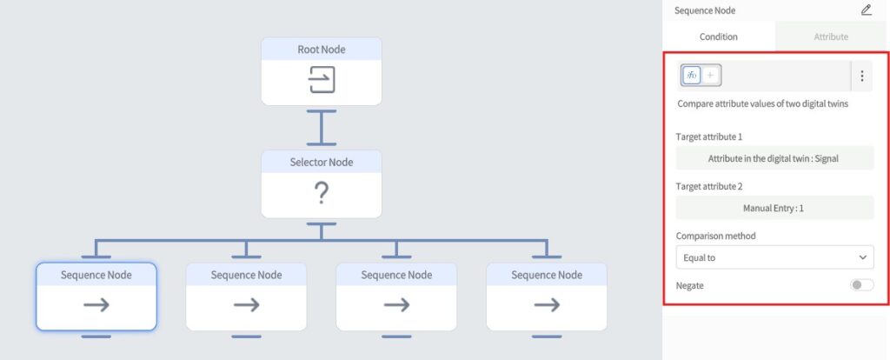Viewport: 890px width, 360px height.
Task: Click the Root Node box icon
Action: click(x=322, y=81)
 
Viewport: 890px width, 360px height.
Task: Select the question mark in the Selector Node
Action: click(x=322, y=194)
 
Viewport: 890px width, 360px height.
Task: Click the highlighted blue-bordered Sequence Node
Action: click(x=96, y=297)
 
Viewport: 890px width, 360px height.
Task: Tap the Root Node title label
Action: click(x=322, y=50)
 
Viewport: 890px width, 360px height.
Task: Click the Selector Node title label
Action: click(x=322, y=162)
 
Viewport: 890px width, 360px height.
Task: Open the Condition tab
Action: click(x=719, y=37)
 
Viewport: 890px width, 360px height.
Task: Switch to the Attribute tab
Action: click(x=831, y=37)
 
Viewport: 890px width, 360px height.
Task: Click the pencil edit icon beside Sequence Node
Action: click(x=867, y=10)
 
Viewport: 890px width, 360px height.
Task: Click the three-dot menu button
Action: click(x=861, y=76)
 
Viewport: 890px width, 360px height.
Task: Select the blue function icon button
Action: click(x=692, y=76)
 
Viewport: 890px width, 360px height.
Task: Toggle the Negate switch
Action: click(x=862, y=285)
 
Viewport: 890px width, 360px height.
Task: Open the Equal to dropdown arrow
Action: click(x=863, y=257)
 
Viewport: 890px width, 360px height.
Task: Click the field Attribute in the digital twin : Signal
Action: click(x=774, y=159)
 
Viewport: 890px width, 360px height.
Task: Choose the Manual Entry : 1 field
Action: click(x=774, y=209)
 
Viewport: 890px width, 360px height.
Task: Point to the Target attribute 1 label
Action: click(x=709, y=137)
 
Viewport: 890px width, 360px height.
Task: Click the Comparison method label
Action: click(x=715, y=236)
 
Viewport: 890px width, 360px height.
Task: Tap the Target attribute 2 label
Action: click(x=709, y=186)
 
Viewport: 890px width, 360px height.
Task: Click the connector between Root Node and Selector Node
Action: click(x=322, y=127)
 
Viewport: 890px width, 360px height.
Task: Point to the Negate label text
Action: click(x=690, y=285)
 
